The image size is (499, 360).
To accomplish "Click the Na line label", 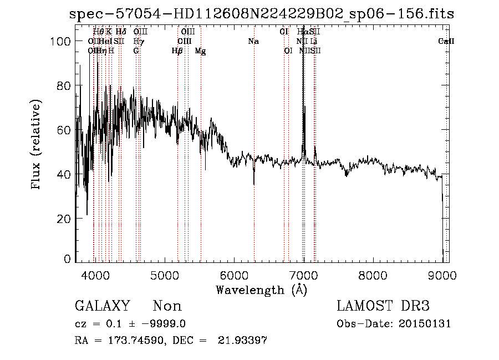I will [x=253, y=42].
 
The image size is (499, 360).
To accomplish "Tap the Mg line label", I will [x=201, y=50].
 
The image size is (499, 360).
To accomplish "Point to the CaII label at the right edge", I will [x=446, y=42].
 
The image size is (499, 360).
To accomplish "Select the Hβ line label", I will [x=177, y=50].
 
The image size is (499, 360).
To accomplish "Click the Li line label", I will [x=314, y=42].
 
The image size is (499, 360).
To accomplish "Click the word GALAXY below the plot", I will [x=102, y=306].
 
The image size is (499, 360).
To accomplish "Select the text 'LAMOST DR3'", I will [x=383, y=306].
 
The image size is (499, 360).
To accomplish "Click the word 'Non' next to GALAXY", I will [x=167, y=306].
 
